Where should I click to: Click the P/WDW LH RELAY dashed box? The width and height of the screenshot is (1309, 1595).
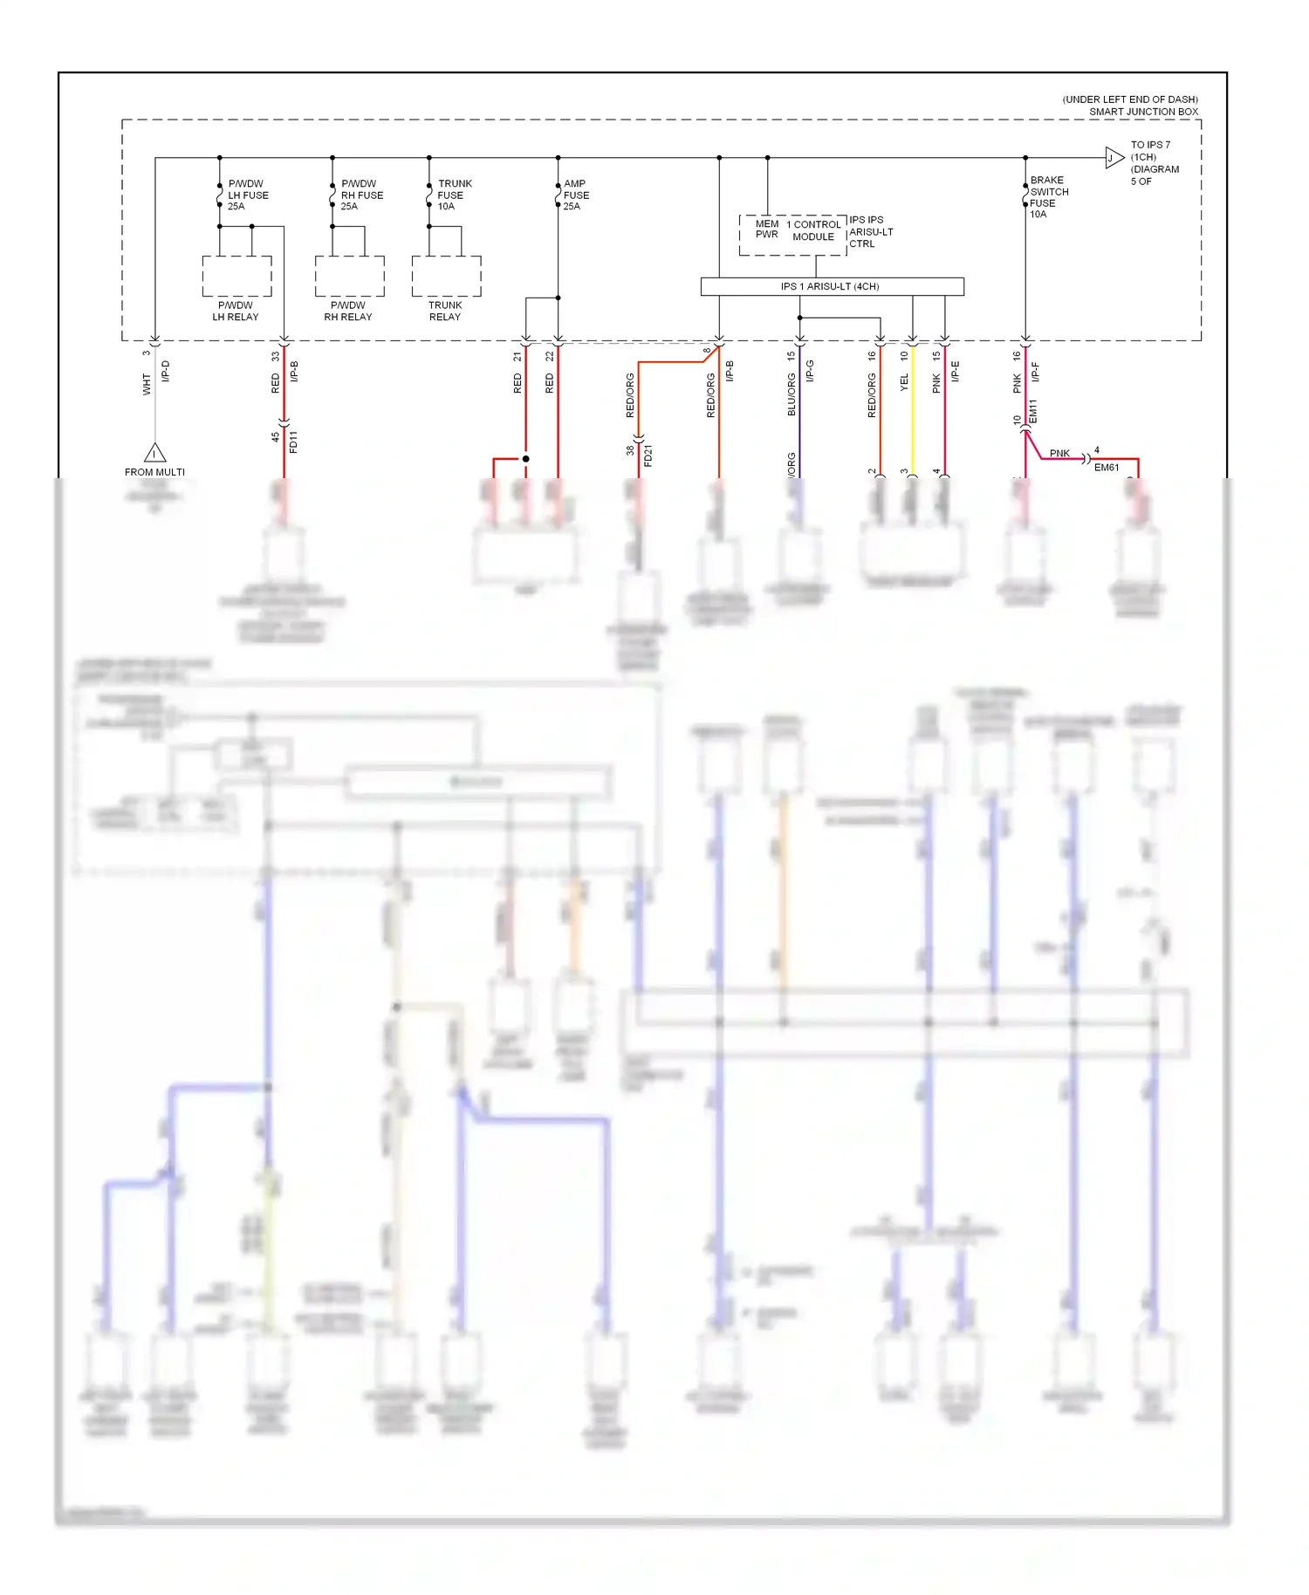pos(236,277)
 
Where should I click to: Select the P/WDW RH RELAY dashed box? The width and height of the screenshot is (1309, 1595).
pos(349,277)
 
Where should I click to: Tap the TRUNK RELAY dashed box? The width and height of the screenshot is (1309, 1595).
pos(446,277)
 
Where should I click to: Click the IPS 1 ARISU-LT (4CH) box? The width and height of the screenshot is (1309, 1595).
pos(832,286)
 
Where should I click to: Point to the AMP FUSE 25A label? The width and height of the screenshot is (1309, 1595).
pos(576,195)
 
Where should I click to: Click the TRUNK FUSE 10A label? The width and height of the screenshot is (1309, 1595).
pos(454,195)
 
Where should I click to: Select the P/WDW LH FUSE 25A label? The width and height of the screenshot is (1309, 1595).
pos(248,195)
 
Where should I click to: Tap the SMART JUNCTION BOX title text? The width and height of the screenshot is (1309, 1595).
pos(1143,112)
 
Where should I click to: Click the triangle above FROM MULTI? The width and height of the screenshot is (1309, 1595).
pos(154,453)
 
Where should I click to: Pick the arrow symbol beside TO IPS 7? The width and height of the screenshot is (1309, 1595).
pos(1114,158)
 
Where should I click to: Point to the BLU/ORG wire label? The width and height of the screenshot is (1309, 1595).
pos(792,394)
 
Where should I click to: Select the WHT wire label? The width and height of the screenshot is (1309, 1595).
pos(147,384)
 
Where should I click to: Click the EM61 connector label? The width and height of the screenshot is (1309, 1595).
pos(1107,468)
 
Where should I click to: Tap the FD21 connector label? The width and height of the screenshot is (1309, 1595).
pos(648,455)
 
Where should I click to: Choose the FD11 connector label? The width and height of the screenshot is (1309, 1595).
pos(293,442)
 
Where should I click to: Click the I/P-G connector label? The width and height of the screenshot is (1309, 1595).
pos(810,371)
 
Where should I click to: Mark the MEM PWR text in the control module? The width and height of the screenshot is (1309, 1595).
pos(767,229)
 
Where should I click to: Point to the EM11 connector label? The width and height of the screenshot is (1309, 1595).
pos(1033,412)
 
